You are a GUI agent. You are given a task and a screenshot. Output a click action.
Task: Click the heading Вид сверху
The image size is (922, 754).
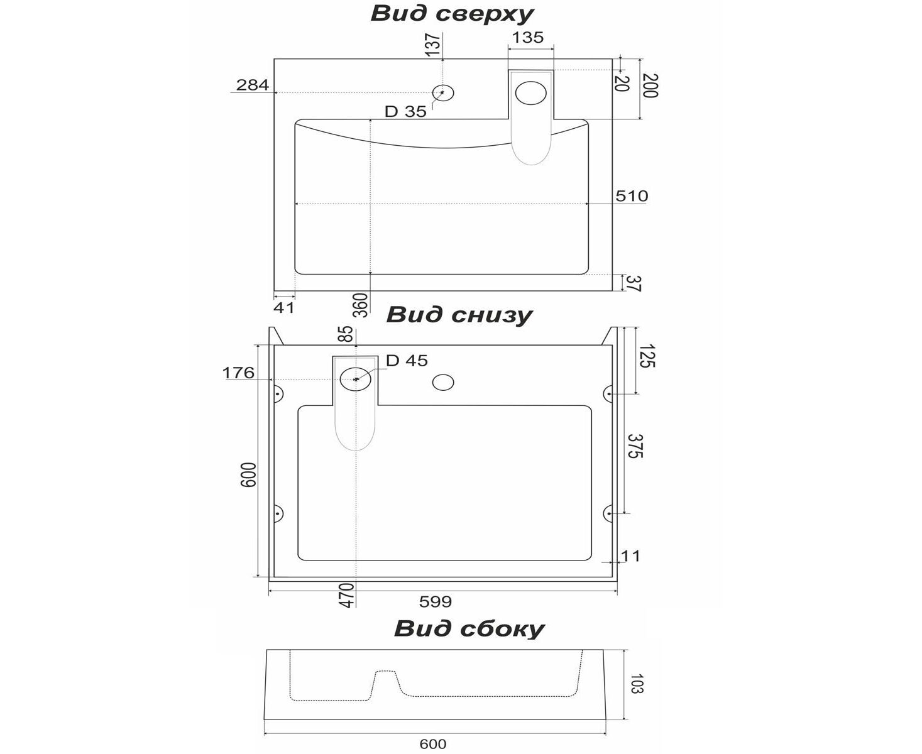tap(452, 14)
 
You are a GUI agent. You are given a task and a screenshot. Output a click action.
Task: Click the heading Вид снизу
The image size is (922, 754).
tap(459, 314)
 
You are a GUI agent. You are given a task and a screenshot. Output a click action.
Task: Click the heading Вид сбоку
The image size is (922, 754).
tap(469, 628)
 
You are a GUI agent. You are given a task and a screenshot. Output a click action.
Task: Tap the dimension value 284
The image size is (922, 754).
tap(253, 85)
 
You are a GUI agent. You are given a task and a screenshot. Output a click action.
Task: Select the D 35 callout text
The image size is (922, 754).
tap(405, 112)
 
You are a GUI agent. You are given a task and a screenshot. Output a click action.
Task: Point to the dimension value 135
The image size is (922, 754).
tap(527, 38)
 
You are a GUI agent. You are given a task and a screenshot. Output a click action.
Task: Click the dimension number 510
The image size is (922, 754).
tap(631, 196)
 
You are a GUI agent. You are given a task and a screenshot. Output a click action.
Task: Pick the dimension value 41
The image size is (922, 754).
tap(284, 308)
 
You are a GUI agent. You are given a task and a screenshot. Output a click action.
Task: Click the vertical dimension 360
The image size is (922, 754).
tap(361, 305)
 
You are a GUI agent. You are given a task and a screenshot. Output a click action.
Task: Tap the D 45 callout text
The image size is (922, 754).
tap(407, 361)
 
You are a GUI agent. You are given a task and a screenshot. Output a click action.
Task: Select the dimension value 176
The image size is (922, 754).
tap(238, 373)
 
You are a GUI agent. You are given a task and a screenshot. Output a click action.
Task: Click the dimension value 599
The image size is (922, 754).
tap(436, 602)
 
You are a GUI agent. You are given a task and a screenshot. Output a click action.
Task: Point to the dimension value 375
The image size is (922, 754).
tap(635, 445)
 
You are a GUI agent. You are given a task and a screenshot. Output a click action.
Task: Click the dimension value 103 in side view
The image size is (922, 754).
tap(636, 684)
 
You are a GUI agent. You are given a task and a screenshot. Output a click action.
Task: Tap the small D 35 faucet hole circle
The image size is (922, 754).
tap(444, 93)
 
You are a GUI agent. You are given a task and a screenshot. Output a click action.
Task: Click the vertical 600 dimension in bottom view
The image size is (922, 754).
tap(249, 475)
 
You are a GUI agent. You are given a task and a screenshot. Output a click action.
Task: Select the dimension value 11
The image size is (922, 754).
tap(630, 555)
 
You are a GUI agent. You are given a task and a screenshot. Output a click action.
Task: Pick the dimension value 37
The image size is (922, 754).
tap(633, 283)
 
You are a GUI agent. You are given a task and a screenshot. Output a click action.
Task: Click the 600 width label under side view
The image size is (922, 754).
tap(433, 744)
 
